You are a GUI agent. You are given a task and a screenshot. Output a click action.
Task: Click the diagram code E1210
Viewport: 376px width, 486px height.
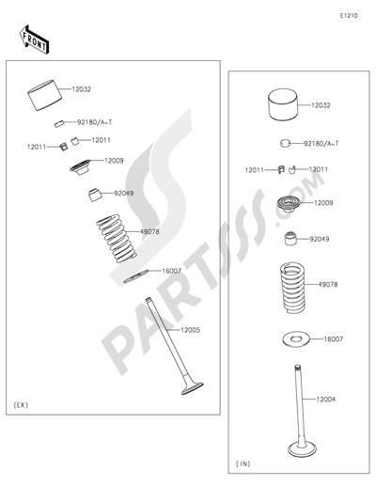350,16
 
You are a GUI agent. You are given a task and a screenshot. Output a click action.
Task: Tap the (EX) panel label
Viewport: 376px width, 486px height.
23,404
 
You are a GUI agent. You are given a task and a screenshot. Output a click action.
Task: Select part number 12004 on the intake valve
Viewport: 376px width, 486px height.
325,400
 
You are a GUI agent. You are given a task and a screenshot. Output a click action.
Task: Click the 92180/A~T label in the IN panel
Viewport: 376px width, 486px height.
321,144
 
